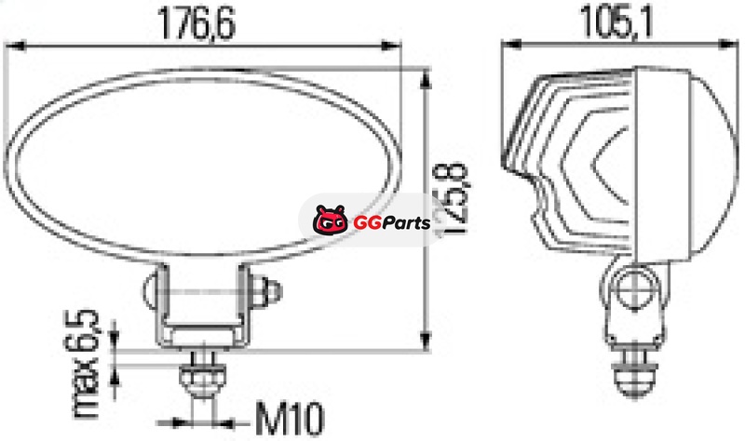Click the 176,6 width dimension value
(x=196, y=22)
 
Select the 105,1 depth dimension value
(x=616, y=21)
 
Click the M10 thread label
(x=290, y=419)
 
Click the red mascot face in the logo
(x=330, y=220)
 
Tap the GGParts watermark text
(x=392, y=222)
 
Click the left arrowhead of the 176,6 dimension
(x=14, y=46)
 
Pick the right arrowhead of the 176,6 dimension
(x=391, y=46)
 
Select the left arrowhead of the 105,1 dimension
(x=511, y=44)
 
